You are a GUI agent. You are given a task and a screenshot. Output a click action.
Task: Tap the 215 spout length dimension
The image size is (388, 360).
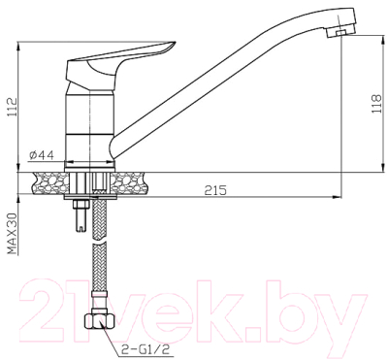214,190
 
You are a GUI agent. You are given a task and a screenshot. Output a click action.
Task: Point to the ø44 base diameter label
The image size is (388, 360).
42,154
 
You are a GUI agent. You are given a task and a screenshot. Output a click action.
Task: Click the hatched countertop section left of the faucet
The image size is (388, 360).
49,180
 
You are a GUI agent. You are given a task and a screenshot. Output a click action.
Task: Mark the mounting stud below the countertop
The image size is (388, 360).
81,219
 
